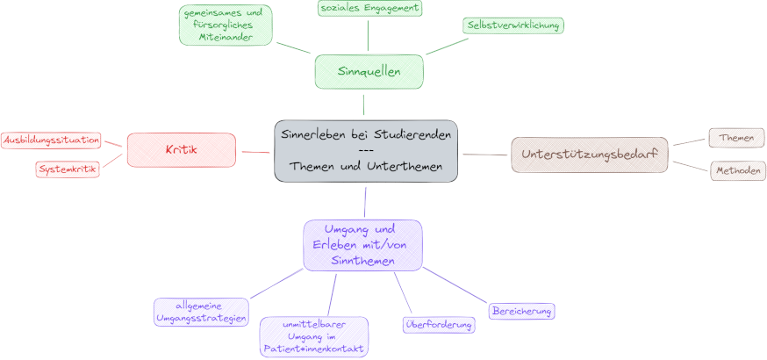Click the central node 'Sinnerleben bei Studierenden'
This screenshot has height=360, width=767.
[365, 151]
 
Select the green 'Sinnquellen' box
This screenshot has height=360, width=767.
[369, 71]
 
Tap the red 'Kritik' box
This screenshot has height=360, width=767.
[182, 149]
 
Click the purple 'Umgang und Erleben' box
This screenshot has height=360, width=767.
[362, 244]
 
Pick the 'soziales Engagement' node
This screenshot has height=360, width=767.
[369, 8]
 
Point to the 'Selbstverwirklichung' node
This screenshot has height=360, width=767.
[513, 25]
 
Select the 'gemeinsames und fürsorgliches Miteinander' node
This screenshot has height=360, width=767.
[226, 25]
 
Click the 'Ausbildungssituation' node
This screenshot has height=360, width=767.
[51, 140]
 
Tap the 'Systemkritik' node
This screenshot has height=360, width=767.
[68, 169]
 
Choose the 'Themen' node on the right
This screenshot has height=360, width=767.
[736, 138]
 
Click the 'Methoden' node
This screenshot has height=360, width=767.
[735, 171]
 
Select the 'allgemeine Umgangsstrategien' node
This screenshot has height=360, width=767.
[201, 312]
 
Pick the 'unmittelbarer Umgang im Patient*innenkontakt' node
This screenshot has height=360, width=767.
[313, 337]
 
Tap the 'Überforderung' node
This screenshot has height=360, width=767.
[439, 325]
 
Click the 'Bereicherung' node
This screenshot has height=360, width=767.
[522, 311]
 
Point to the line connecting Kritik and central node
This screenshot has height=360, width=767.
[254, 152]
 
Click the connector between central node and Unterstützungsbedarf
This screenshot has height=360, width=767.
[484, 155]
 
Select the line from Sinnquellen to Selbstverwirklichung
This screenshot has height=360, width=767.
[447, 45]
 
